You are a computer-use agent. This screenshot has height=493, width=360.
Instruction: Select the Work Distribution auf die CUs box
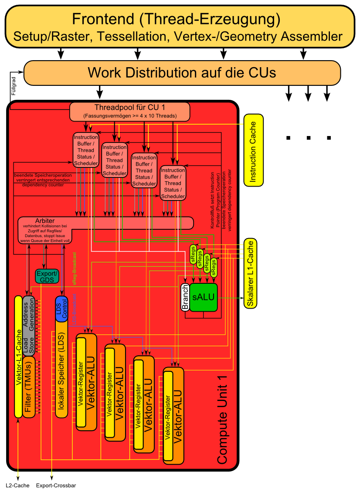click(x=182, y=72)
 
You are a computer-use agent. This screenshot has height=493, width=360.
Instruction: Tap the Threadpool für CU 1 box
click(x=130, y=112)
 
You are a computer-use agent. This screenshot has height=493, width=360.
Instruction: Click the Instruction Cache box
click(x=252, y=150)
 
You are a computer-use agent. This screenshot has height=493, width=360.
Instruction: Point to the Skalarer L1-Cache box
click(x=250, y=273)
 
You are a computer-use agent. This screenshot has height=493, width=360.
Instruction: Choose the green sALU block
click(x=203, y=297)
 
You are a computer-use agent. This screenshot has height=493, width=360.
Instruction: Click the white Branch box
click(x=185, y=297)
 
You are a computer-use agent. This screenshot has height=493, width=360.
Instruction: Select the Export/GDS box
click(x=47, y=276)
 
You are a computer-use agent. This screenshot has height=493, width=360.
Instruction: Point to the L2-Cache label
click(x=18, y=485)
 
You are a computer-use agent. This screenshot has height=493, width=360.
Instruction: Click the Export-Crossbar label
click(x=53, y=485)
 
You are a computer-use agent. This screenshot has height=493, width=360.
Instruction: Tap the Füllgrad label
click(x=13, y=85)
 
